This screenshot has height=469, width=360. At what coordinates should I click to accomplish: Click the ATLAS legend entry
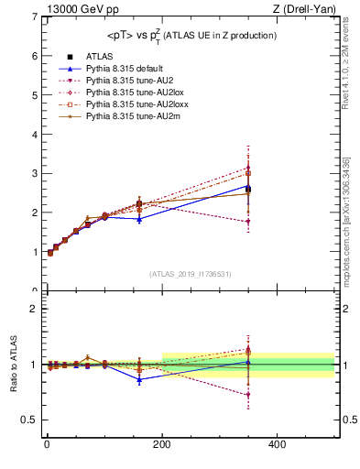(x=95, y=57)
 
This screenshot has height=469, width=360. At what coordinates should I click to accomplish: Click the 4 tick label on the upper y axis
(x=33, y=135)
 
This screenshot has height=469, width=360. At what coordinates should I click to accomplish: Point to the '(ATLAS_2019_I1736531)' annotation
(x=190, y=274)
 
